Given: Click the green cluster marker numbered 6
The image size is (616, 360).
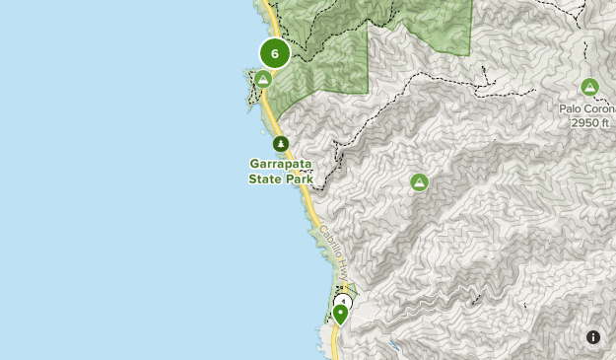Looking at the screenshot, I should tap(275, 53).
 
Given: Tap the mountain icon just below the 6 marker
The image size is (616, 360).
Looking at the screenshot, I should tap(263, 79).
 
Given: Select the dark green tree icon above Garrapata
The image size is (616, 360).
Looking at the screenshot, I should tap(281, 144).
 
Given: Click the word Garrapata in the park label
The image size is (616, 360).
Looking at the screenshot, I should tap(281, 165).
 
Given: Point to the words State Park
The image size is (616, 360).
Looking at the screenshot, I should tap(281, 180).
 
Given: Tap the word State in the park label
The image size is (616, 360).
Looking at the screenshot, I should tap(265, 180).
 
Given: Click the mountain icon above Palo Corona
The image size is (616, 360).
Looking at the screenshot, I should tap(589, 87).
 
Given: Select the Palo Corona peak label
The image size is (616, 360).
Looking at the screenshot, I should tap(589, 109).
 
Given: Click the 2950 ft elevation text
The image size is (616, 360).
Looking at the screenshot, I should tap(590, 123).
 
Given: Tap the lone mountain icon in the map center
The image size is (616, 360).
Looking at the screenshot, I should tap(419, 181).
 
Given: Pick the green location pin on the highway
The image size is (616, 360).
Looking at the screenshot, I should tap(340, 314).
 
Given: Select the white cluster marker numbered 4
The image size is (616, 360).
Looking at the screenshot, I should tap(343, 302).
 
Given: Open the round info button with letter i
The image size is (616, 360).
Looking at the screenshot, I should tap(593, 337).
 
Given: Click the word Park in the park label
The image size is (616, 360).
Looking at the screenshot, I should tap(298, 180).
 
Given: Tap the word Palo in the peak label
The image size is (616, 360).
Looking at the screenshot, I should tap(572, 109).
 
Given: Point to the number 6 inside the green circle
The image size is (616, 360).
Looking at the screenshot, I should tap(275, 53).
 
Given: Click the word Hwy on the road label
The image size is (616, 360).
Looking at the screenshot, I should tap(341, 265).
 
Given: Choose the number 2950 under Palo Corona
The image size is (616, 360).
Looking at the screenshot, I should tap(582, 123).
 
